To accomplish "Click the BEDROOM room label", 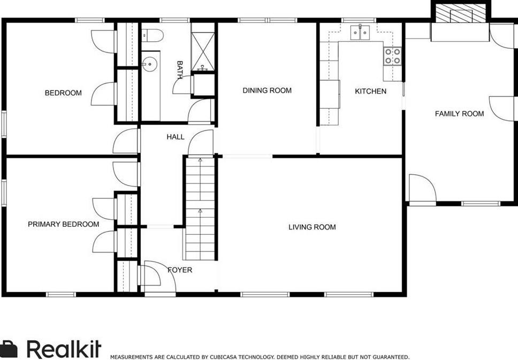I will [x=63, y=93].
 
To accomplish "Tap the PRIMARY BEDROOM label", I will [x=63, y=224].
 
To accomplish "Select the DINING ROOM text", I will [x=267, y=90].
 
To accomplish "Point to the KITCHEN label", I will [x=370, y=91].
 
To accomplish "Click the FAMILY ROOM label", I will [x=459, y=113].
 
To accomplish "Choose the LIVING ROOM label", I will [x=312, y=227].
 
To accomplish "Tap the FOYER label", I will [x=180, y=270].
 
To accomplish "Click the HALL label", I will [x=175, y=137].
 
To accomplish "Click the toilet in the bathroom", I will [x=153, y=35].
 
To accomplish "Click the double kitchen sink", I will [x=360, y=34].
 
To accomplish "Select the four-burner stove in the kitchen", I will [x=392, y=56].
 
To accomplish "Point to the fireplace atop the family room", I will [x=460, y=14].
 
